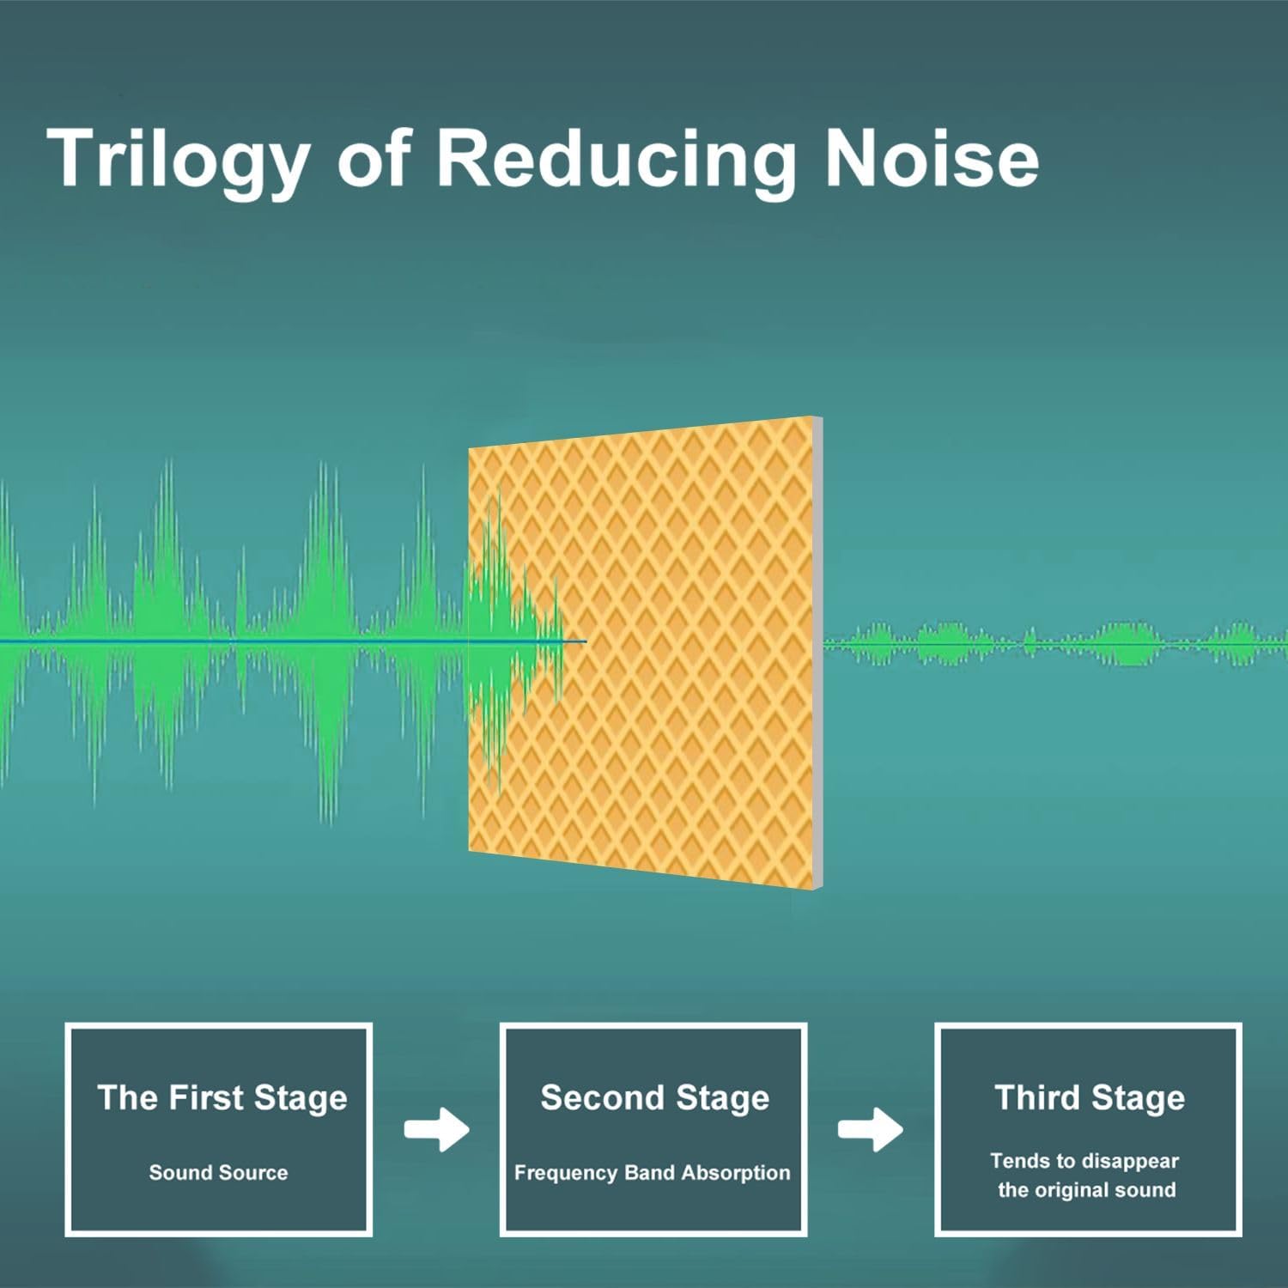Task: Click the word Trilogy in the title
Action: pyautogui.click(x=179, y=161)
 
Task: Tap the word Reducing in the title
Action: pyautogui.click(x=617, y=161)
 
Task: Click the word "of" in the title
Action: pyautogui.click(x=374, y=157)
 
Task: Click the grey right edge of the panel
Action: pyautogui.click(x=818, y=652)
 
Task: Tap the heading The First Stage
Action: pyautogui.click(x=222, y=1097)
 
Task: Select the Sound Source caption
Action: pyautogui.click(x=218, y=1173)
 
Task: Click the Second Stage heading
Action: pyautogui.click(x=654, y=1098)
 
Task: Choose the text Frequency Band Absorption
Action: pyautogui.click(x=652, y=1173)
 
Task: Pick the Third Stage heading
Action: pyautogui.click(x=1090, y=1098)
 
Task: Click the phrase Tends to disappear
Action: pyautogui.click(x=1084, y=1161)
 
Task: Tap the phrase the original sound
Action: pyautogui.click(x=1086, y=1190)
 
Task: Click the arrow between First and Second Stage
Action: pyautogui.click(x=437, y=1129)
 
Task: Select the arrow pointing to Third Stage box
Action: pyautogui.click(x=871, y=1129)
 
